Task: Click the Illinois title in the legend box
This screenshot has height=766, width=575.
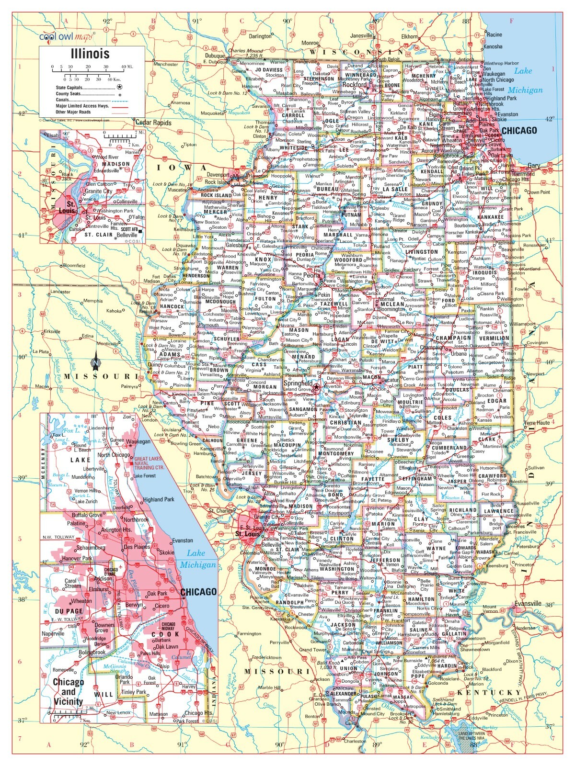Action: click(x=91, y=54)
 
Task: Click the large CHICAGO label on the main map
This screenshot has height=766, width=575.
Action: click(x=519, y=130)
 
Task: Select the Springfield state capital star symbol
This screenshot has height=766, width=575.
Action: click(x=317, y=385)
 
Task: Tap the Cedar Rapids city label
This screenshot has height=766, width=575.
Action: click(x=153, y=123)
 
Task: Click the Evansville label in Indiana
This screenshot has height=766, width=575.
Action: click(x=528, y=603)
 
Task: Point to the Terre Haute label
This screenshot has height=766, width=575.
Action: click(x=538, y=423)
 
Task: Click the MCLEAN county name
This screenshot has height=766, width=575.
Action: click(x=392, y=304)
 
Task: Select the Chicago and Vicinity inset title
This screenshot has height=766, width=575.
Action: click(x=68, y=691)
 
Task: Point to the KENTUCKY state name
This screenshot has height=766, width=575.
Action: click(x=489, y=692)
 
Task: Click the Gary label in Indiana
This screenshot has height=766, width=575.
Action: click(x=533, y=166)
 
